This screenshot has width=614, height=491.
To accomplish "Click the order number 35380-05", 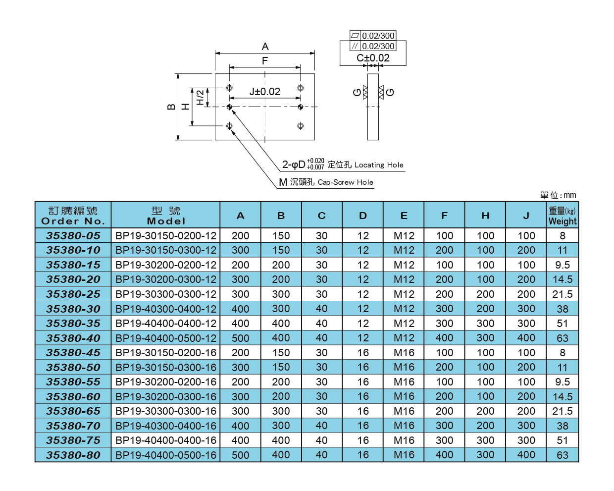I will (x=73, y=236).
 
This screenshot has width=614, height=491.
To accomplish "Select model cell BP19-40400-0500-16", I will (x=166, y=455).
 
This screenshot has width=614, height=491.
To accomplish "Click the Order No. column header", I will (x=73, y=216).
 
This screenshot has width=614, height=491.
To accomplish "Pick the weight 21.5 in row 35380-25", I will (x=563, y=294).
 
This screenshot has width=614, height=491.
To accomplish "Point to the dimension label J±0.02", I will (x=264, y=92).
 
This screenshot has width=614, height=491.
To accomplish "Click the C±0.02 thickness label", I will (x=373, y=58).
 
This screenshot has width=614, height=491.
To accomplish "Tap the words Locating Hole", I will (x=379, y=165).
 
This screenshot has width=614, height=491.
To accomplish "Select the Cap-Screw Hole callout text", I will (x=345, y=182).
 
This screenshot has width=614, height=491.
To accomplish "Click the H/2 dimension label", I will (x=200, y=97).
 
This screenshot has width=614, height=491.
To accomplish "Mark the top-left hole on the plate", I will (x=229, y=88).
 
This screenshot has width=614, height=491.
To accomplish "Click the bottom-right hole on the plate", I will (x=301, y=126).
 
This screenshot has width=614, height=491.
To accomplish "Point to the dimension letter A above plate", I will (x=265, y=47).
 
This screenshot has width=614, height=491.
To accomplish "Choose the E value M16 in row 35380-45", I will (x=404, y=353).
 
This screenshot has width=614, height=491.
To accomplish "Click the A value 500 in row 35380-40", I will (x=241, y=338).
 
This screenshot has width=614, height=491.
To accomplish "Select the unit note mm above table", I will (x=569, y=195).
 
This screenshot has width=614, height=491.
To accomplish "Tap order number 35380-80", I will (x=73, y=455).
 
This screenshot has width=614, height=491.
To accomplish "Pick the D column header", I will (x=363, y=216).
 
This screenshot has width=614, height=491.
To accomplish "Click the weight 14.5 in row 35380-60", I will (x=563, y=397).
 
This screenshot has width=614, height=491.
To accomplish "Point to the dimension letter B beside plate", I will (x=171, y=107).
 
